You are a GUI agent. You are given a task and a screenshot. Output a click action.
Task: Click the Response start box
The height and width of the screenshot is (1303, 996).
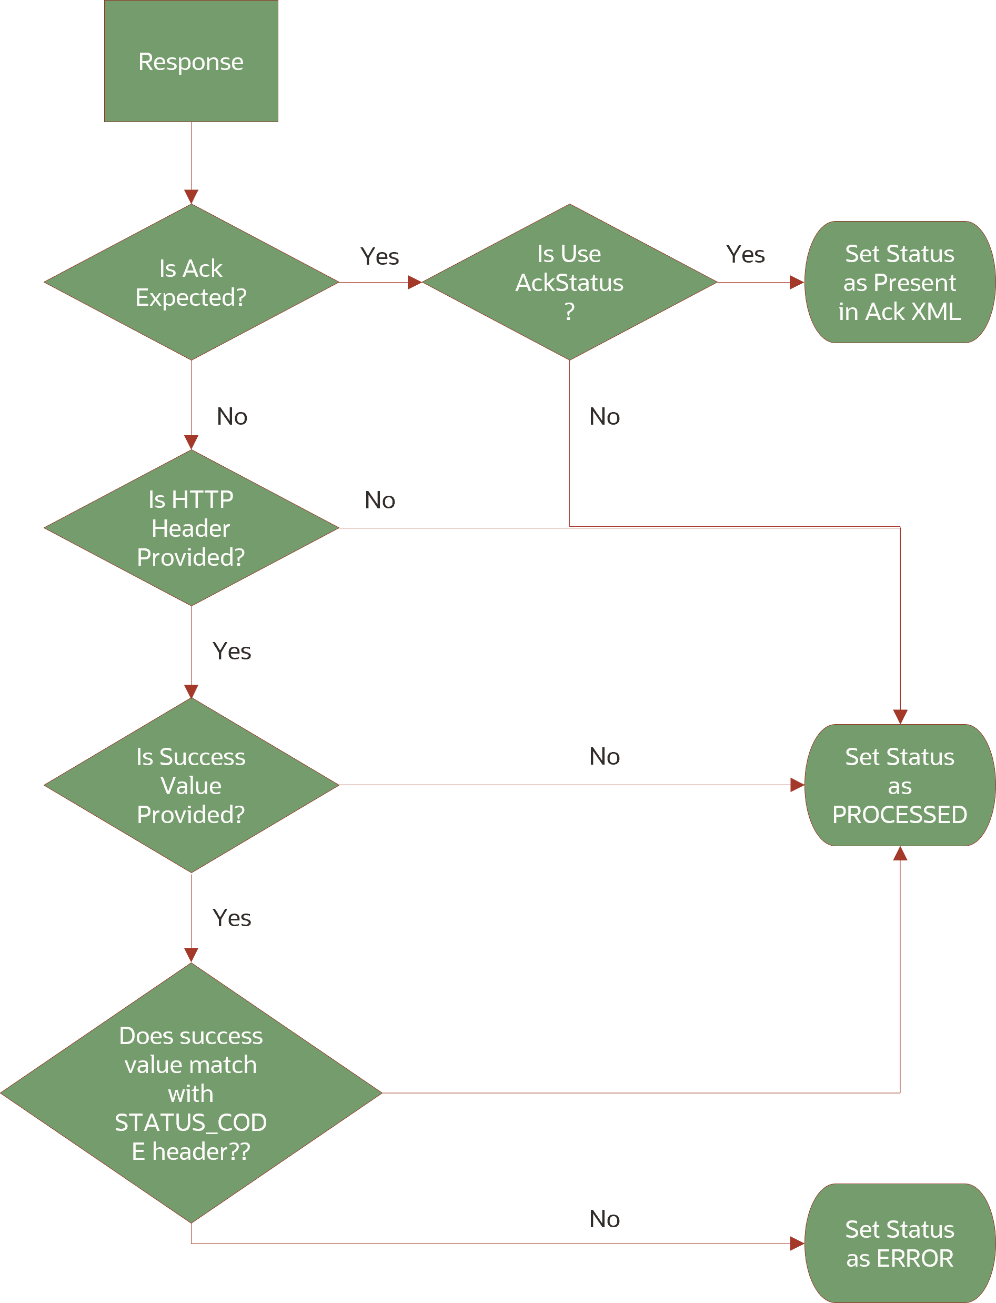[191, 61]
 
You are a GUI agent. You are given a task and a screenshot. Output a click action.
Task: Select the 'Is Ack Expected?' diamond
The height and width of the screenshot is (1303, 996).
[191, 282]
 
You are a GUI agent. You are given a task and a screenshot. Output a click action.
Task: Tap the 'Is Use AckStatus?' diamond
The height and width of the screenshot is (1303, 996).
[569, 282]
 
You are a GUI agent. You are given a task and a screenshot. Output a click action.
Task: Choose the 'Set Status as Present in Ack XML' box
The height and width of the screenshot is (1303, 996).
[899, 282]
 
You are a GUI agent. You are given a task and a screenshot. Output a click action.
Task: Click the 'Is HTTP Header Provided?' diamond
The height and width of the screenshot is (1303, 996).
[191, 528]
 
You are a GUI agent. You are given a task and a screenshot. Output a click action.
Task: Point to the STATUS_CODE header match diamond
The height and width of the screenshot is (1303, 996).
[191, 1092]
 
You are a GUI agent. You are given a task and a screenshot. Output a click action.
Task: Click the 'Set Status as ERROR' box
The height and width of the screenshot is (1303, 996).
[899, 1243]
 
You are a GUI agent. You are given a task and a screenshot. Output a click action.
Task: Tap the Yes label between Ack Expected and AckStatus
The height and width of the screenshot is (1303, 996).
[379, 257]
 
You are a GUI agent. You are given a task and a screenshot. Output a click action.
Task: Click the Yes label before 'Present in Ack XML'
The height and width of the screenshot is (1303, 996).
[745, 255]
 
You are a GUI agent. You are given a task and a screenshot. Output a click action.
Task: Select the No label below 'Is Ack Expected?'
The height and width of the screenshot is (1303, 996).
[232, 417]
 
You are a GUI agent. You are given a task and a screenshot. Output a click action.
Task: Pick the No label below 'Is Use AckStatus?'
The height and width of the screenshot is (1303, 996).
[604, 417]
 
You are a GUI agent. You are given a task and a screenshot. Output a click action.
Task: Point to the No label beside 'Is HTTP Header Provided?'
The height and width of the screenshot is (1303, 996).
[379, 500]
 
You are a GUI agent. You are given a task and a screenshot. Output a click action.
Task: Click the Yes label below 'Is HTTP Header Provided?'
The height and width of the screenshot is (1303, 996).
[232, 651]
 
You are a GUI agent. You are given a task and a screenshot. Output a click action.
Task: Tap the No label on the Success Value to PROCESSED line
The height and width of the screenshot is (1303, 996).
[604, 756]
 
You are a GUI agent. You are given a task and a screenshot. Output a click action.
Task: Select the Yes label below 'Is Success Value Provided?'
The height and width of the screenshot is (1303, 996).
[232, 918]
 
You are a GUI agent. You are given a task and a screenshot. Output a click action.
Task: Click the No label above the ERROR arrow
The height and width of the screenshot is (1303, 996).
[604, 1219]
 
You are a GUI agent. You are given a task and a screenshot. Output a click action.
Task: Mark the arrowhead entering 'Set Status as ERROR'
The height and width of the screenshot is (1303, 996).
[798, 1244]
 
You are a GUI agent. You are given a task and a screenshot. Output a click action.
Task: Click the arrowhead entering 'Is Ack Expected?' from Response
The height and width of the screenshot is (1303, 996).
[191, 197]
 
